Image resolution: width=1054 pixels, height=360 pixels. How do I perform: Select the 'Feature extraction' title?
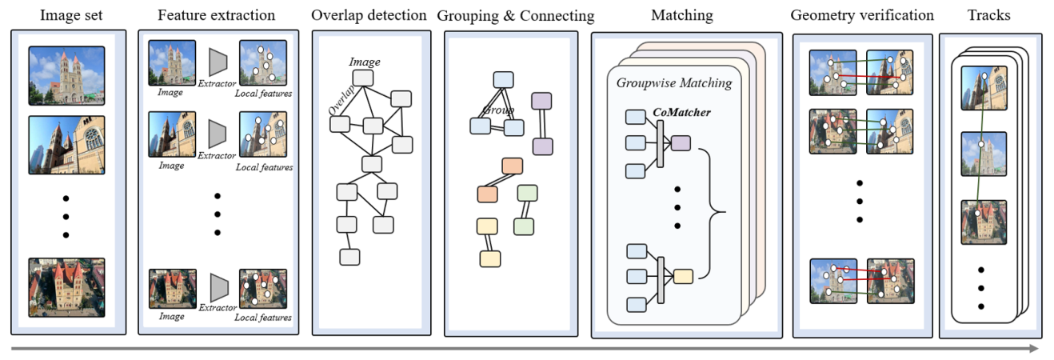[x=216, y=15]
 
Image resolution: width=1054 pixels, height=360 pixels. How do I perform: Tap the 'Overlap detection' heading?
[x=369, y=15]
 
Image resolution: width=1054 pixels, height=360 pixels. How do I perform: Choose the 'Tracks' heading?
[x=988, y=15]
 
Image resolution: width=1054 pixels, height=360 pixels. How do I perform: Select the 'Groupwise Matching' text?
[x=673, y=83]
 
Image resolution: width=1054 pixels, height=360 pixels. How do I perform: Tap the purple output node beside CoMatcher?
[x=681, y=143]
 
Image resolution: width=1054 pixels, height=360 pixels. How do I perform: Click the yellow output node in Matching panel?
[x=683, y=277]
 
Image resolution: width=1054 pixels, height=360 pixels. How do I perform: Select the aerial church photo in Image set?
[x=66, y=287]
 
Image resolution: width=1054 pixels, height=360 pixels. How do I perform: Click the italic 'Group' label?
[x=497, y=110]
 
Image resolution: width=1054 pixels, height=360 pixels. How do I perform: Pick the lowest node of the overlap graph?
[x=349, y=257]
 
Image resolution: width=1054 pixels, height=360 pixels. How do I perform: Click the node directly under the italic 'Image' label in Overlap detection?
[x=364, y=78]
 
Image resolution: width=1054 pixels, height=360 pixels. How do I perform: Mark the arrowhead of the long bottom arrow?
[x=1035, y=349]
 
